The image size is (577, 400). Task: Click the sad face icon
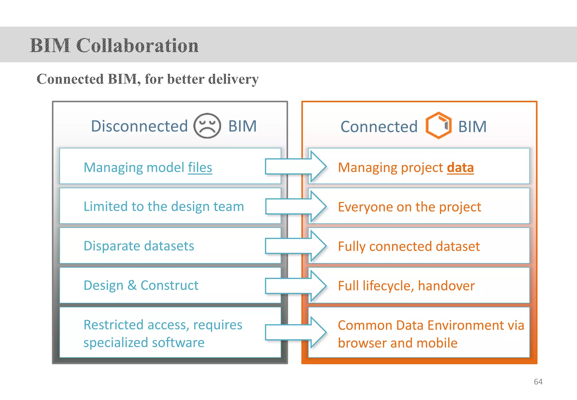(207, 126)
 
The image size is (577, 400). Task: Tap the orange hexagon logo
(438, 126)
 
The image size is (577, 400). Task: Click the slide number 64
(538, 382)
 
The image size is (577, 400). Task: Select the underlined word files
(200, 168)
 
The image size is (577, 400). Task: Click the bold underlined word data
(460, 168)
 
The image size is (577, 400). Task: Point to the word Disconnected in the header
(139, 126)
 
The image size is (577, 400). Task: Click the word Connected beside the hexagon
(379, 127)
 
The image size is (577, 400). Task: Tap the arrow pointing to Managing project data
(296, 166)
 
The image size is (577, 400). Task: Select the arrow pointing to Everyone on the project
(296, 206)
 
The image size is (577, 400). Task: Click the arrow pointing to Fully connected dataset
(296, 246)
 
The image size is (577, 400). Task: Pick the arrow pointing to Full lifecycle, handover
(296, 285)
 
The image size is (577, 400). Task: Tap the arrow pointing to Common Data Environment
(296, 332)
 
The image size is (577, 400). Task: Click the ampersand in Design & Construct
(132, 285)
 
